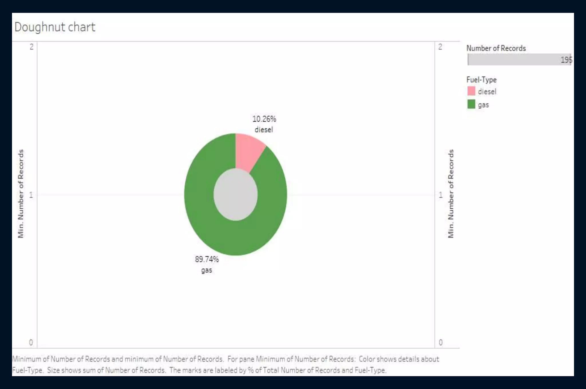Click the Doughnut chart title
(55, 27)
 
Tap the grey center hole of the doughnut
(235, 195)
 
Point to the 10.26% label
(264, 119)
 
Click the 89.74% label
(207, 259)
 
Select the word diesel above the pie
(264, 130)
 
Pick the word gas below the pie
(206, 270)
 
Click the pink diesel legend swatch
(471, 91)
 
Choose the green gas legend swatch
(471, 104)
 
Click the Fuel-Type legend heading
(481, 80)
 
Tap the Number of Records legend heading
(496, 48)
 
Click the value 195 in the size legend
(566, 60)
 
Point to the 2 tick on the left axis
(31, 47)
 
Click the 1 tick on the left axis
(31, 195)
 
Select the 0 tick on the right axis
(441, 342)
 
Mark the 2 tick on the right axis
(440, 47)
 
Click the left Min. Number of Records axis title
(21, 193)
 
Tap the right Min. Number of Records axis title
(451, 193)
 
